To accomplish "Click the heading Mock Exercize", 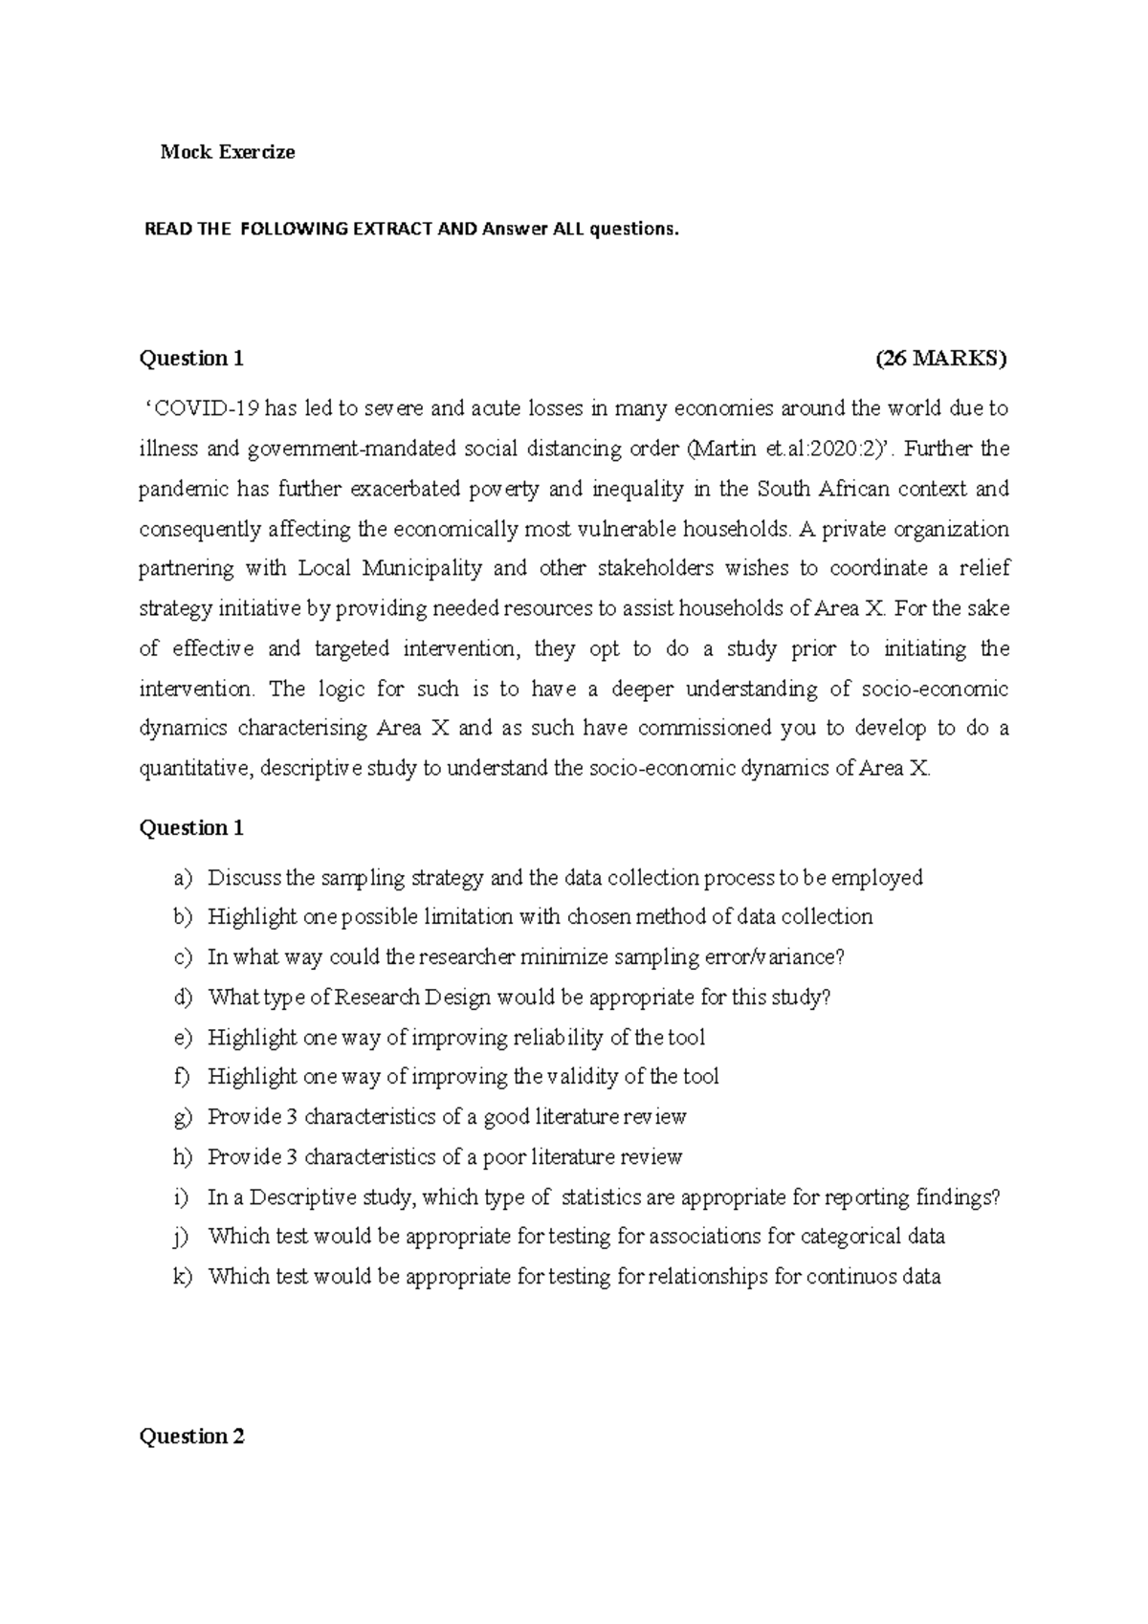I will click(228, 152).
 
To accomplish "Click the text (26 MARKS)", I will click(941, 359).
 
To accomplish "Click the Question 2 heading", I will click(191, 1437).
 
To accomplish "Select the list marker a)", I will click(183, 878).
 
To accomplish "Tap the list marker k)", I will click(183, 1277).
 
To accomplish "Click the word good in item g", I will click(506, 1117).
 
